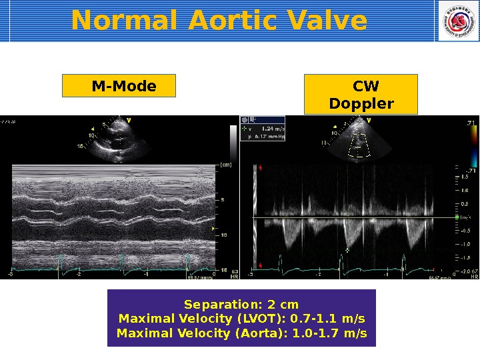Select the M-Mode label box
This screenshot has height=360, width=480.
[x=119, y=86]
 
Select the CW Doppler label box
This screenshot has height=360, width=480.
[x=361, y=95]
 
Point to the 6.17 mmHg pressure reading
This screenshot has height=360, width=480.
[x=270, y=137]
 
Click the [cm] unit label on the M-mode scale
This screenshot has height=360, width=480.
[x=225, y=165]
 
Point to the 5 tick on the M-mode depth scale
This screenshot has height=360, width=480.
[x=223, y=199]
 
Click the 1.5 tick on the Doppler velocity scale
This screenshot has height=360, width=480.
[x=464, y=177]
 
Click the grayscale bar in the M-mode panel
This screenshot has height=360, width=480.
[x=233, y=143]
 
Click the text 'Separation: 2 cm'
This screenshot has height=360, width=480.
[x=241, y=305]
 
